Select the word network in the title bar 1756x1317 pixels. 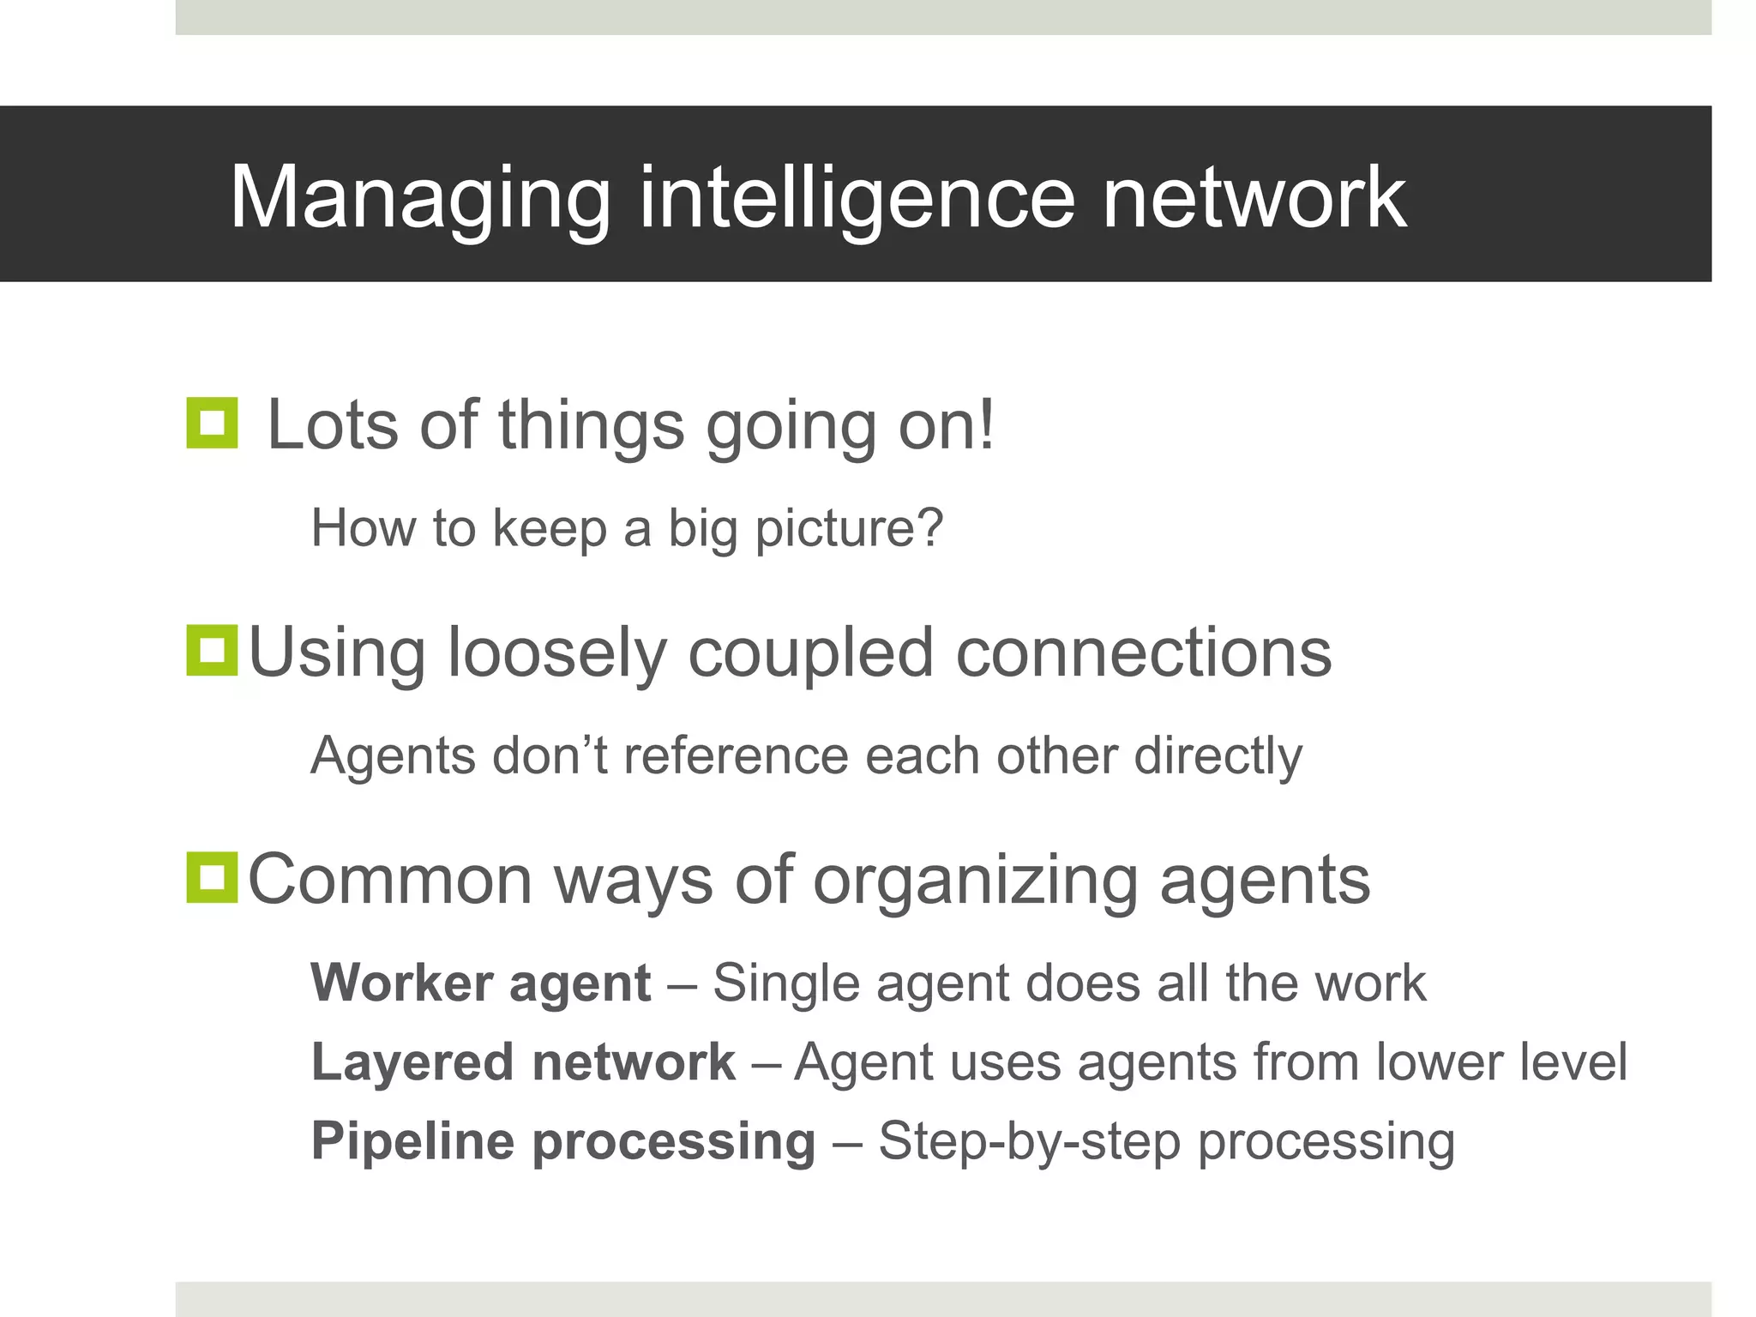tap(1254, 199)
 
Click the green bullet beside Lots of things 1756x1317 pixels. tap(212, 423)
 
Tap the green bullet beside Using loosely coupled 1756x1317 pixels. tap(212, 650)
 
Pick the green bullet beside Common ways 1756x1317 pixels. tap(212, 877)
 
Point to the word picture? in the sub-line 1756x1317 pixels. tap(849, 528)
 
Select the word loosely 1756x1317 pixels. tap(556, 653)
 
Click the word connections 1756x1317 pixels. tap(1143, 653)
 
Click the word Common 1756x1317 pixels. tap(390, 880)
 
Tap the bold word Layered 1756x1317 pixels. tap(412, 1061)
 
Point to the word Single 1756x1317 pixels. tap(785, 983)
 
